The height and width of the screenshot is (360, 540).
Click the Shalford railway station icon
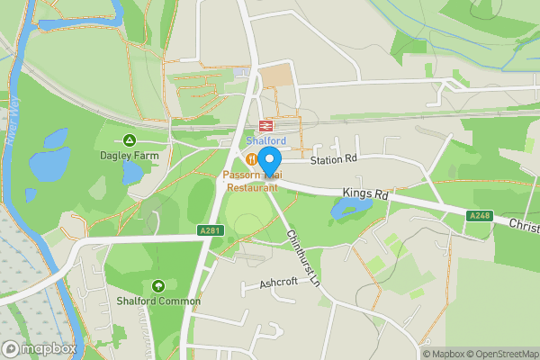click(266, 125)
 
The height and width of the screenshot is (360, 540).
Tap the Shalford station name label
click(266, 140)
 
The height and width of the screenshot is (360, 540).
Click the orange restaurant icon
click(251, 159)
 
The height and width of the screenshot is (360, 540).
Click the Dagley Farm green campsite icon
click(130, 139)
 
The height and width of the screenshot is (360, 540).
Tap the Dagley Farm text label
click(130, 155)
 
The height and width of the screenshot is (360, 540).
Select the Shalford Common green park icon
click(158, 285)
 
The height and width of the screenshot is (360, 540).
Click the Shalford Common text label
click(158, 301)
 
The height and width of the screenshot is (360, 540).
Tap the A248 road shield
click(479, 216)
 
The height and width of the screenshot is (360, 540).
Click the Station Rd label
click(334, 159)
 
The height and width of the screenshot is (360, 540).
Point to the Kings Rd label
click(364, 193)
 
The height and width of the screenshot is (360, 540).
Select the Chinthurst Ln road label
click(303, 257)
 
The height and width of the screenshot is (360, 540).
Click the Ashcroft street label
click(278, 283)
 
